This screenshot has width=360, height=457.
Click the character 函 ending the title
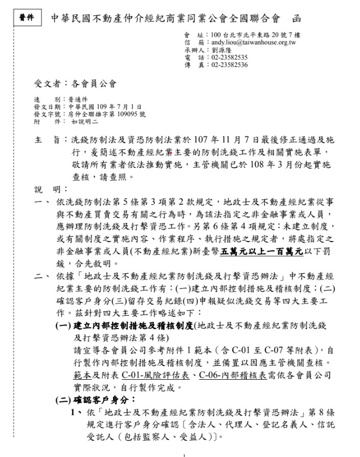[x=296, y=19]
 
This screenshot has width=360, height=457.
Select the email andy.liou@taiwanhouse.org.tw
[x=250, y=43]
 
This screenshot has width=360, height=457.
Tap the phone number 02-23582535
[x=229, y=57]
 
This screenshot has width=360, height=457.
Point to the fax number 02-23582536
[x=229, y=64]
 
